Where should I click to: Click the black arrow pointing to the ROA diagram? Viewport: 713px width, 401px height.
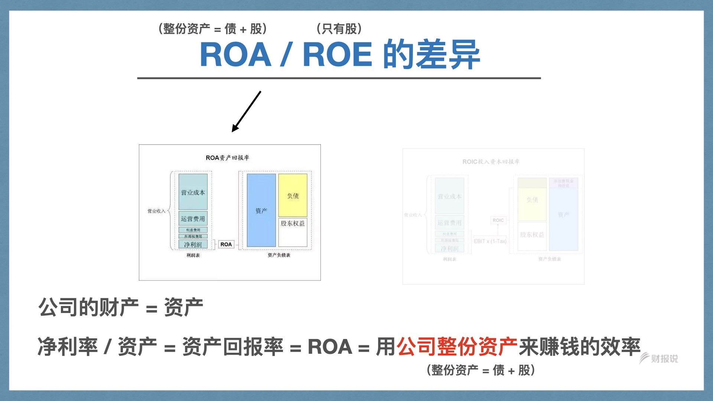[x=247, y=111]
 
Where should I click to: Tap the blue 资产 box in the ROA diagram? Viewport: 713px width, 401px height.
[x=261, y=211]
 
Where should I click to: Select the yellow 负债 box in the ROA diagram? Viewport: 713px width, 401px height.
[x=293, y=195]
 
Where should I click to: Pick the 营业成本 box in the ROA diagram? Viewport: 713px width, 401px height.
[x=193, y=192]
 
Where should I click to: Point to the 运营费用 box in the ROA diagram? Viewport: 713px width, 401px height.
[x=193, y=219]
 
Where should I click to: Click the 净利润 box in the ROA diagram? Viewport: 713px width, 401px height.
[x=193, y=244]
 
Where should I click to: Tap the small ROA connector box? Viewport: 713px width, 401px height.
[x=226, y=244]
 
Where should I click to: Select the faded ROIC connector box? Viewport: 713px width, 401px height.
[x=498, y=220]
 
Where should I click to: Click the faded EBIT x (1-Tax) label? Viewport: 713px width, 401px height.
[x=490, y=241]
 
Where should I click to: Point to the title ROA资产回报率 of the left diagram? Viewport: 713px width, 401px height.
[x=227, y=158]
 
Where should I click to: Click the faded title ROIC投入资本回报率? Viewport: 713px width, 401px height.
[x=491, y=162]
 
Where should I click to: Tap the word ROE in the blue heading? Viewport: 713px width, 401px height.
[x=337, y=55]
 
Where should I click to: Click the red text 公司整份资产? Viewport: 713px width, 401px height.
[x=457, y=347]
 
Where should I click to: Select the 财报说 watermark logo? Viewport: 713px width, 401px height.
[x=659, y=358]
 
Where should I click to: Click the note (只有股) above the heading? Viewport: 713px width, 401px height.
[x=339, y=29]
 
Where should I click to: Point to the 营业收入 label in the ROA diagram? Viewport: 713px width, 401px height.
[x=156, y=211]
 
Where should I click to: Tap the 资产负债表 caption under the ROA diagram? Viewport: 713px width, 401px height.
[x=279, y=255]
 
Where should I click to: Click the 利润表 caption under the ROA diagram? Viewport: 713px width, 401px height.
[x=193, y=255]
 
